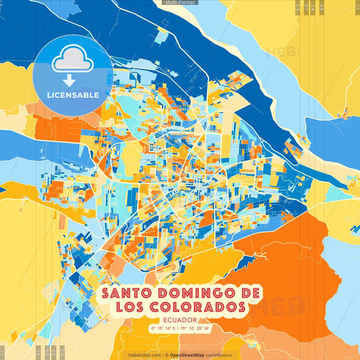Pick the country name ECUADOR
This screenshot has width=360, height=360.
coord(180,320)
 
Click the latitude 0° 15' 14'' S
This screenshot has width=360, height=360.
coord(161,329)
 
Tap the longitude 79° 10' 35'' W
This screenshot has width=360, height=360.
coord(197,329)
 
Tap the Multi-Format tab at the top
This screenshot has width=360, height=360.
coord(180,3)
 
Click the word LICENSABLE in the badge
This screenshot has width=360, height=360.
coord(73,95)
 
